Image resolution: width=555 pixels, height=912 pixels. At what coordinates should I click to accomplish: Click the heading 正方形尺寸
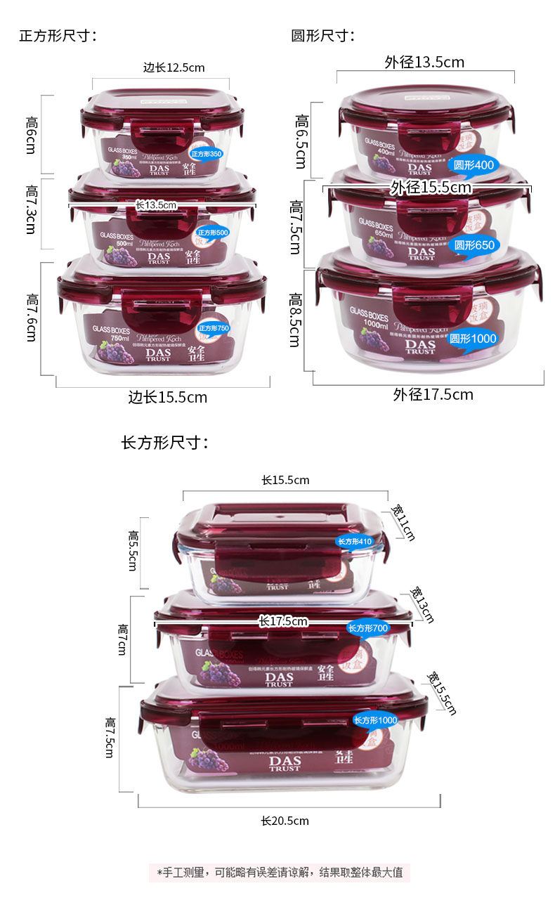57,36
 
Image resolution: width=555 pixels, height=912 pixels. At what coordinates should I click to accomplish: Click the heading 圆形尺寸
322,36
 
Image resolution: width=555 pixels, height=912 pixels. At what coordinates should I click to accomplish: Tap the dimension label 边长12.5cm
174,68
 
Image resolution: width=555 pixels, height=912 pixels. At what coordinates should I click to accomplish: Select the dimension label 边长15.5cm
168,397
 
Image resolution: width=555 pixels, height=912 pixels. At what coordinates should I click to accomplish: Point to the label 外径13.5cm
424,62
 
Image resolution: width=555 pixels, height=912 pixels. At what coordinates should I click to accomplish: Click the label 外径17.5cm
433,394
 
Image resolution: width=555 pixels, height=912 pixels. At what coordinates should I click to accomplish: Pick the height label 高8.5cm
294,320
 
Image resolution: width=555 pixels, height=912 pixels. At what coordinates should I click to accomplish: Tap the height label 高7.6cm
32,318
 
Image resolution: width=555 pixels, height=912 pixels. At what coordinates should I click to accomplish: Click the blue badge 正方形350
205,153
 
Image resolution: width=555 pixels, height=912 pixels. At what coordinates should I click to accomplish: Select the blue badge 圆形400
474,165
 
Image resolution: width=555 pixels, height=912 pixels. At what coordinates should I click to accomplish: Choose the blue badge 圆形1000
473,339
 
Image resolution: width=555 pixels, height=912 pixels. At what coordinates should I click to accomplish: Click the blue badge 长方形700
367,628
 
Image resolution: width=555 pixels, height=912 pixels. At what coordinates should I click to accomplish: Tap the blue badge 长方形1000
374,720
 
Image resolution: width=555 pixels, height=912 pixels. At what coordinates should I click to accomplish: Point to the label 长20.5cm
285,821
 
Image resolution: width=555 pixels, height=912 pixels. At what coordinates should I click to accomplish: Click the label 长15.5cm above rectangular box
285,481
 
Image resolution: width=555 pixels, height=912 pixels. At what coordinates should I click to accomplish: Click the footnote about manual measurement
279,873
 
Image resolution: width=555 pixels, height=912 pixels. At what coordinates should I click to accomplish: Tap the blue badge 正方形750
214,328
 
